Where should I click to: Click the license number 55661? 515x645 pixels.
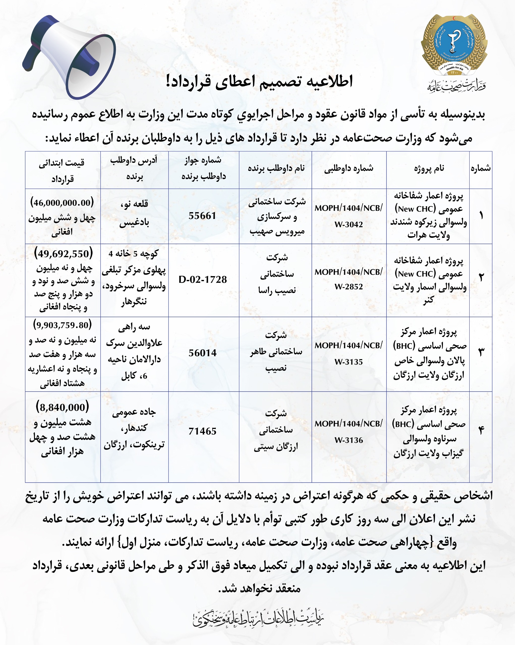pos(202,216)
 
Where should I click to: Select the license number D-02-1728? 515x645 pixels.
pos(203,279)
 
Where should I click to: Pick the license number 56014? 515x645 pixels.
pos(203,353)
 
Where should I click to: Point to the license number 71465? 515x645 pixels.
pos(203,431)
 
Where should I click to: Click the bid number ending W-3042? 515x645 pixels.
pos(349,216)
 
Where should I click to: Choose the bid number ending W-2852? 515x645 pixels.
pos(349,279)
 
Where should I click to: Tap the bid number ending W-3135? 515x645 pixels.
pos(349,353)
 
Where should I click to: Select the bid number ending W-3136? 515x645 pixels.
pos(349,432)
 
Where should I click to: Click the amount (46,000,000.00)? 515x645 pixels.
pos(62,203)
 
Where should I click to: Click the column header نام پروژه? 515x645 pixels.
pos(429,168)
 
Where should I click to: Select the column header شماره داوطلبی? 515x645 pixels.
pos(349,168)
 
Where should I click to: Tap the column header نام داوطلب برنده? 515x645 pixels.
pos(276,168)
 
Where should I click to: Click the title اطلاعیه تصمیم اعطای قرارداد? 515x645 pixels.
pos(259,81)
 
